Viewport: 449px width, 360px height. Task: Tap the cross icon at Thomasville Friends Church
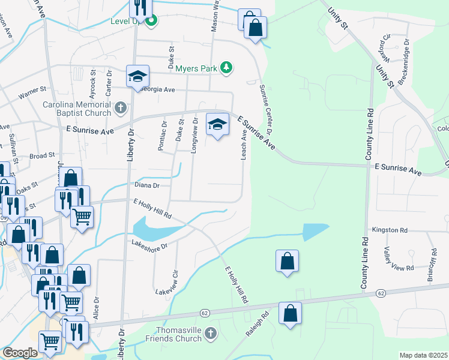coord(209,334)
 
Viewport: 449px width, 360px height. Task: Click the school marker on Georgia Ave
coord(137,76)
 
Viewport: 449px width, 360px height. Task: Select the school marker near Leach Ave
coord(217,124)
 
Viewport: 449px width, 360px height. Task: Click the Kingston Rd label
coord(390,230)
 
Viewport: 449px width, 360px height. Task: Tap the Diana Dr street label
coord(146,186)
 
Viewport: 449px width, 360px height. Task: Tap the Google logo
coord(20,353)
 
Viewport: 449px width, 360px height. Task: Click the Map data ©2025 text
coord(423,355)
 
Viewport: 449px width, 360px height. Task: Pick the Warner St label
coord(32,94)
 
